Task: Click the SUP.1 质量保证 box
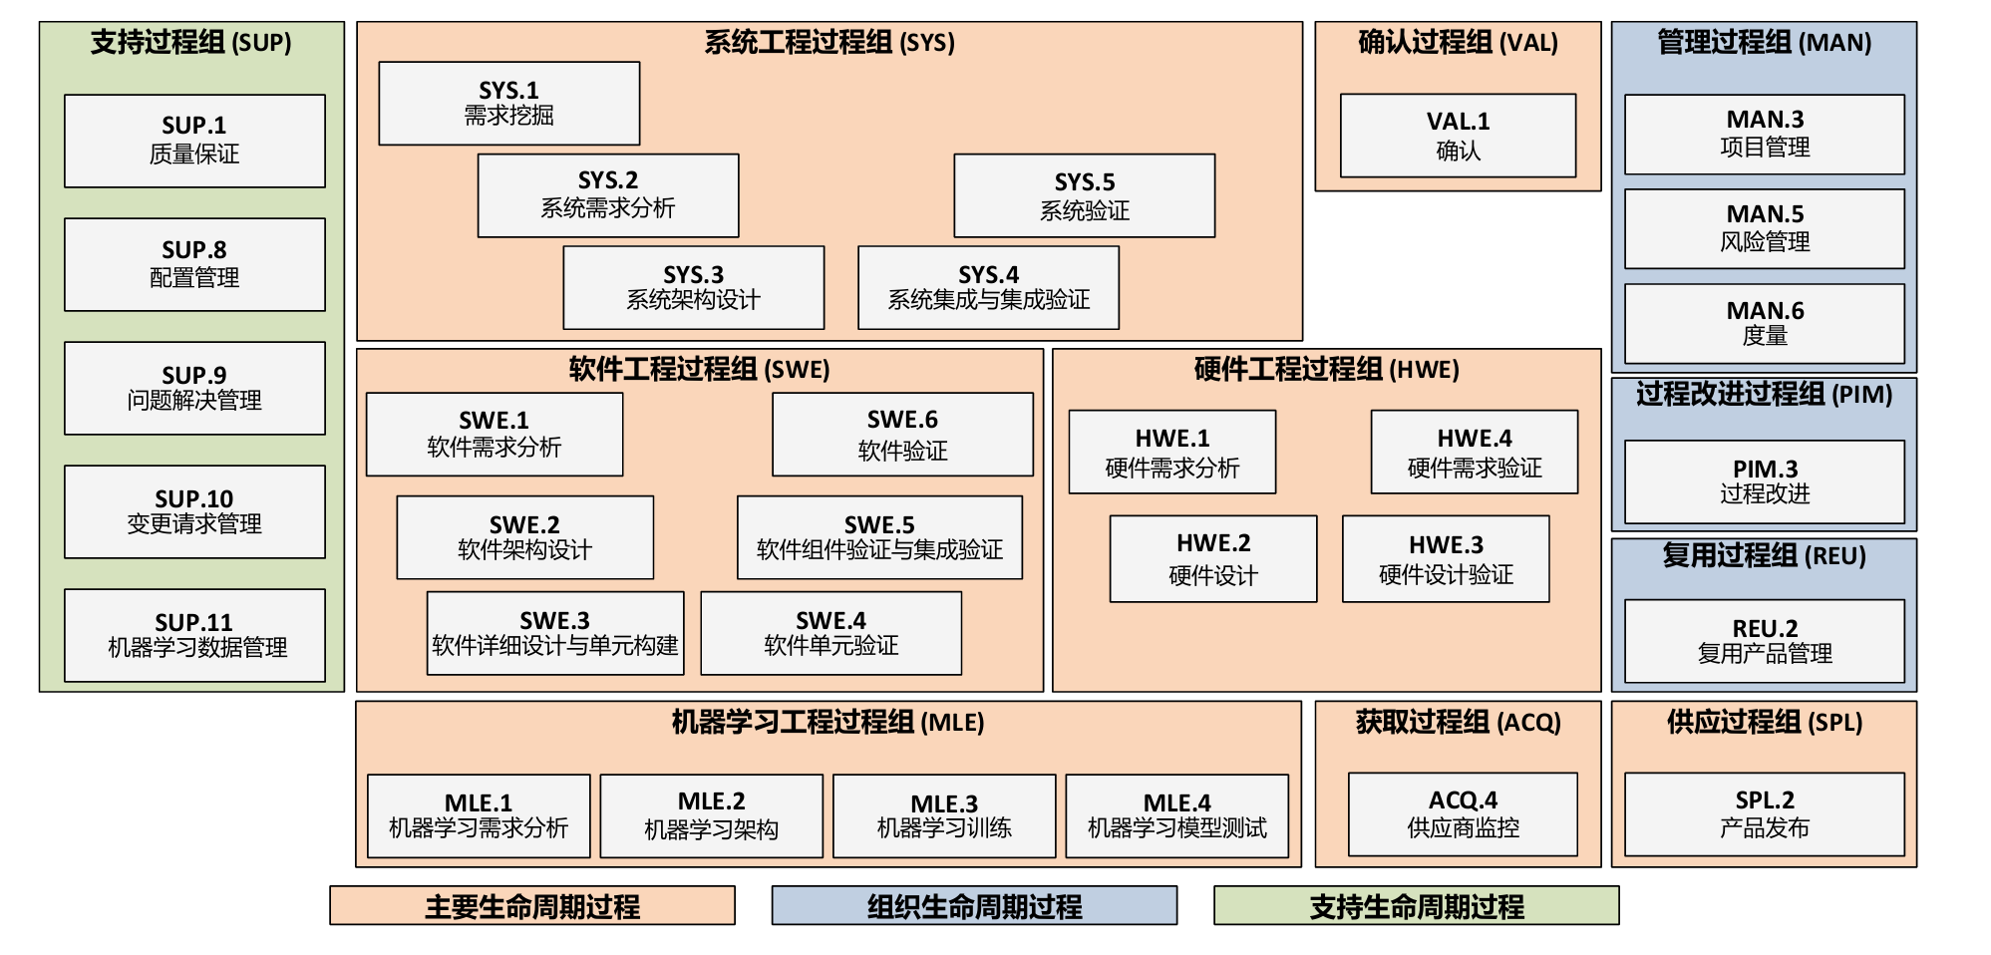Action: (194, 141)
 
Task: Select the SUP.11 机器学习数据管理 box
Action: (194, 635)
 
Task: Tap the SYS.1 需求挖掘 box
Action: (508, 103)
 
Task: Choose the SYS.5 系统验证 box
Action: (1084, 195)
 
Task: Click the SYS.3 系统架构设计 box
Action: (693, 287)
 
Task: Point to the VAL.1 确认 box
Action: (1458, 136)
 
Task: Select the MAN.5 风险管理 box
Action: (1764, 228)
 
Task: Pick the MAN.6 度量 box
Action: (1764, 323)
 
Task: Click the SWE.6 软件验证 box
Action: (902, 435)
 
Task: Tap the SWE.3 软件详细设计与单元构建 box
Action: (554, 633)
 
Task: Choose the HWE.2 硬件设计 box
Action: (1212, 558)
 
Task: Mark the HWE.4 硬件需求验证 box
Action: (1474, 452)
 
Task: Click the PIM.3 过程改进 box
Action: (1764, 481)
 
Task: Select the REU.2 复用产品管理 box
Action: (1764, 641)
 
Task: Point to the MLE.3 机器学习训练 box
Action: (943, 815)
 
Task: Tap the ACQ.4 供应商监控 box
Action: (1463, 813)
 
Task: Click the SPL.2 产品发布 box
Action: (1764, 813)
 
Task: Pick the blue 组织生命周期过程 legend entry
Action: (973, 905)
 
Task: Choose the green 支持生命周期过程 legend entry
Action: (1416, 905)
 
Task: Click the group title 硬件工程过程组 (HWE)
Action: (1326, 370)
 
